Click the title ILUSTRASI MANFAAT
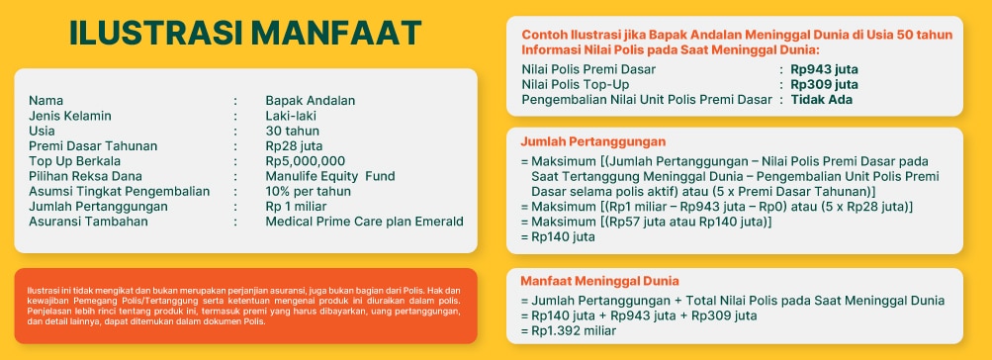245,33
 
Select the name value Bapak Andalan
310,101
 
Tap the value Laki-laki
291,116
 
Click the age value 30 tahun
293,131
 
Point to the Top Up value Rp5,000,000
306,161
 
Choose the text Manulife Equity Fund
330,176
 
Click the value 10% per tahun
309,191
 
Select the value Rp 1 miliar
296,207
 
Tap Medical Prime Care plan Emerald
364,222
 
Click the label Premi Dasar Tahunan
93,146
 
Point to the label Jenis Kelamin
69,116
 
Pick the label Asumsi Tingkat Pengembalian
119,191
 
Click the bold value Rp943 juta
824,69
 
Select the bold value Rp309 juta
824,84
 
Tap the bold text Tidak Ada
822,99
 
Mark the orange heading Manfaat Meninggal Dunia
599,281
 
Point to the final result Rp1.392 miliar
568,331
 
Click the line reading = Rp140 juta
558,236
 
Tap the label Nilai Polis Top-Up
576,84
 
